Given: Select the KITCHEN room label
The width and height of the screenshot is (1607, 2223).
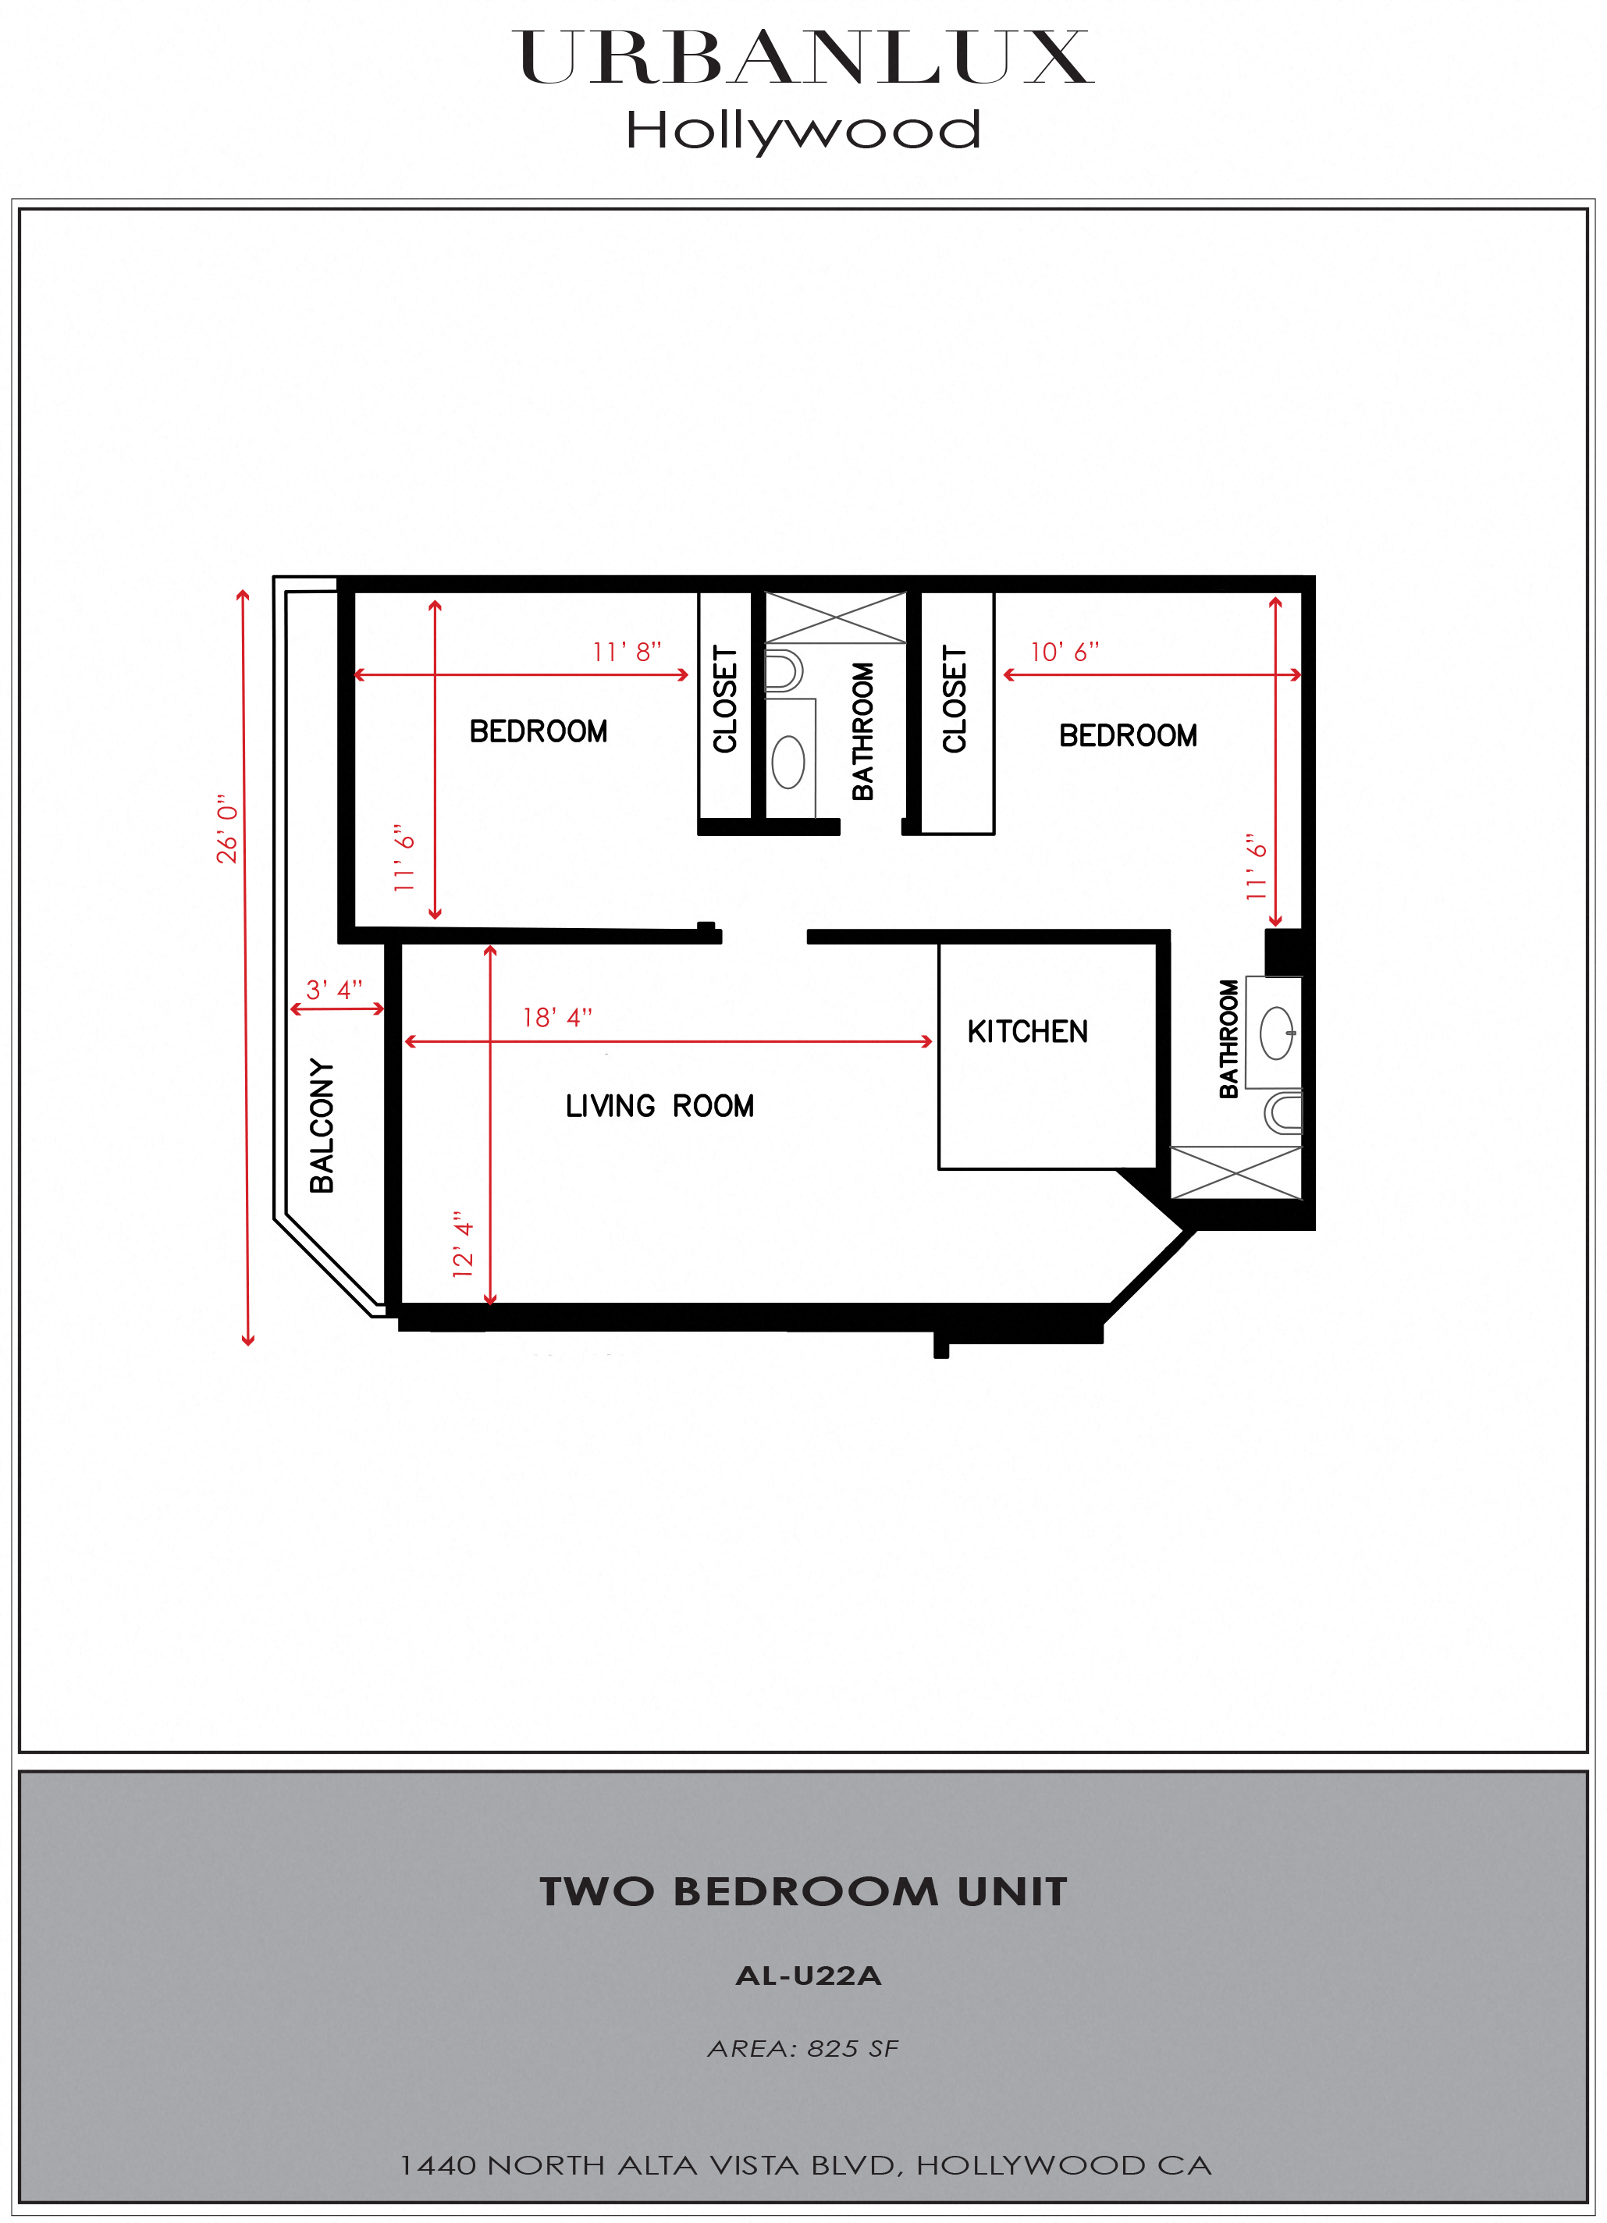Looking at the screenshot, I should click(x=1027, y=1031).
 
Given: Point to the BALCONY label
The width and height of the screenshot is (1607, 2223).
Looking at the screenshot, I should click(x=322, y=1126).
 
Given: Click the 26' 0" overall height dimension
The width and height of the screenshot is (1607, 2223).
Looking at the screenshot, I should click(x=227, y=828).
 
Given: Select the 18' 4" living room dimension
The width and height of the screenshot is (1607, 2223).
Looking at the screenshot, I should click(x=556, y=1017).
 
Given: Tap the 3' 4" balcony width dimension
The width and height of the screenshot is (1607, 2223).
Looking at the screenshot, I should click(x=334, y=989).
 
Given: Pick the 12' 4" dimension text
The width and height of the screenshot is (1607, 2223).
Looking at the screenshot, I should click(x=463, y=1244).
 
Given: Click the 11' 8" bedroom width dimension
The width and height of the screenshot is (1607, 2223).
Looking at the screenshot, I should click(x=628, y=652).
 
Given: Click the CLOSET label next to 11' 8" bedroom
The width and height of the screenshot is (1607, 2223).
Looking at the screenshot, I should click(x=725, y=699).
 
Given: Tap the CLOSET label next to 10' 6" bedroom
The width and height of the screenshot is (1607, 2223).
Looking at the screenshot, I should click(x=955, y=699).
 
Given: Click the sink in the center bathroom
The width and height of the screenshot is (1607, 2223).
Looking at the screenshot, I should click(x=789, y=762).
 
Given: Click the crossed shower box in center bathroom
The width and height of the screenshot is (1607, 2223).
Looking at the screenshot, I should click(x=835, y=617).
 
